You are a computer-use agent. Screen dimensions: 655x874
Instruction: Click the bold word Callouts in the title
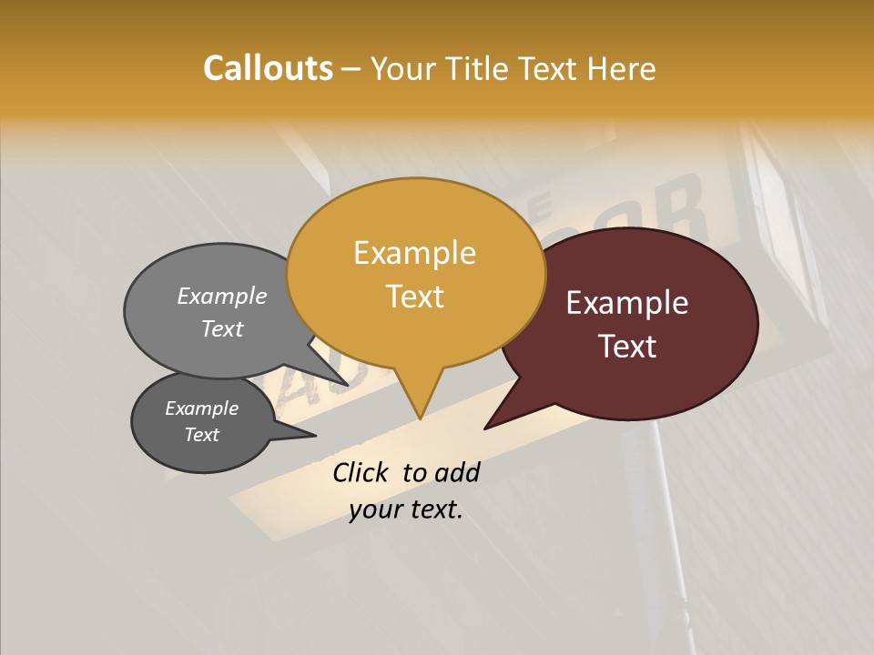coord(268,68)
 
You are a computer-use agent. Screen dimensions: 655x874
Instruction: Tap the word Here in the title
coord(621,68)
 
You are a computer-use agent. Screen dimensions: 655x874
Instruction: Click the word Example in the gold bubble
coord(414,253)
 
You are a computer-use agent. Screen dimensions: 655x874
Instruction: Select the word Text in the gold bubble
coord(414,297)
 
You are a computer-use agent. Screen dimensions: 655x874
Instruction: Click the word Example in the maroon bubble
coord(627,303)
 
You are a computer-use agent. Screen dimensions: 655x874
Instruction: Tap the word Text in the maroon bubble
coord(627,347)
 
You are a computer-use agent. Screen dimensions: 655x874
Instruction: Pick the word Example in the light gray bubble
coord(222,297)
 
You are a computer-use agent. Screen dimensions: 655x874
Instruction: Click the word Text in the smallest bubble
coord(201,435)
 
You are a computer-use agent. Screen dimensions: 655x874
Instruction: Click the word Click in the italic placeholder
coord(361,472)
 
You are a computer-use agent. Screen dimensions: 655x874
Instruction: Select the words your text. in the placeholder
coord(406,509)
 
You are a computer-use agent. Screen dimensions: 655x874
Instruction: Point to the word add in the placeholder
coord(456,472)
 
